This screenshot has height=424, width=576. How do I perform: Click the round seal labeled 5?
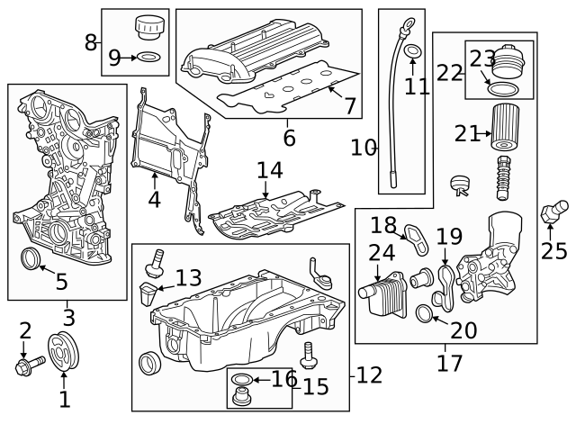31,259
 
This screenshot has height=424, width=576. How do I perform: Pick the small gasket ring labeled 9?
151,59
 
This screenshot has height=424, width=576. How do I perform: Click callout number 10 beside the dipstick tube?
364,147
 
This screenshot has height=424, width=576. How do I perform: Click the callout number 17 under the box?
449,363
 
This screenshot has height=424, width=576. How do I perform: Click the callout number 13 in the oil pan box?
188,278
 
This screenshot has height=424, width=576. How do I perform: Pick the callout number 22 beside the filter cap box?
449,72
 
